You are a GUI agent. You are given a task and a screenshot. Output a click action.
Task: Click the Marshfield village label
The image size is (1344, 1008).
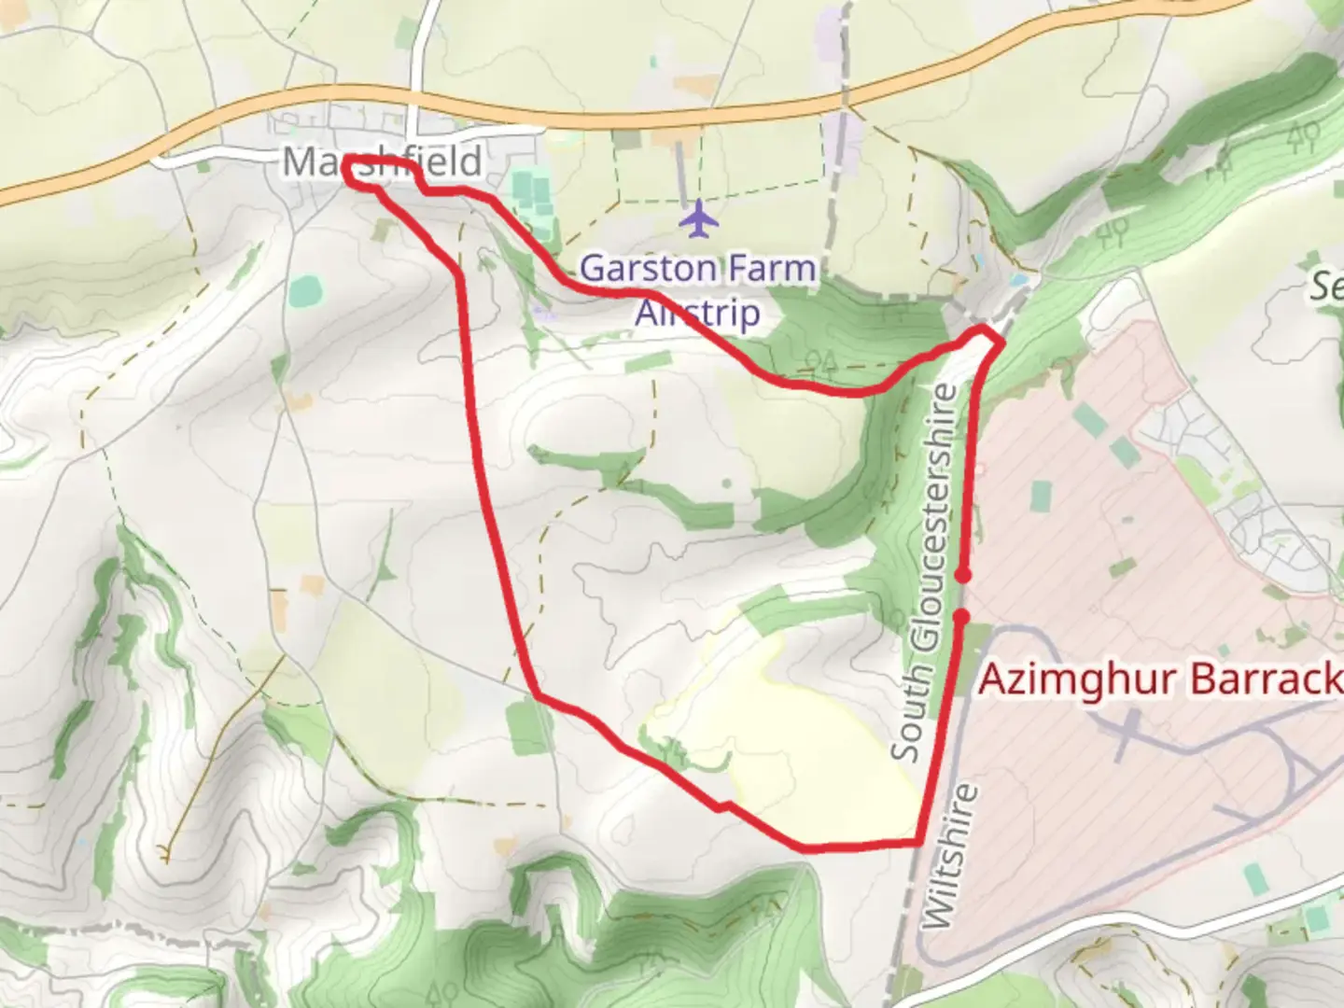click(383, 161)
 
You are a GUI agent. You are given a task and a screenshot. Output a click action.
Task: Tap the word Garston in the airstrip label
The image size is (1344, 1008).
click(636, 269)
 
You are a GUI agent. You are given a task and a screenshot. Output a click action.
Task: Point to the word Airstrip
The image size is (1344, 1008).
click(697, 313)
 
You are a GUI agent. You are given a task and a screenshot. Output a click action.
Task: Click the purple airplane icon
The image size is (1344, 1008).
click(698, 219)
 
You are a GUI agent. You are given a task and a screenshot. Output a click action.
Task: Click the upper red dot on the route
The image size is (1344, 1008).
click(963, 576)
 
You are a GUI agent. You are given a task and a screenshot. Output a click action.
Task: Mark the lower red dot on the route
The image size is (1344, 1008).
click(960, 615)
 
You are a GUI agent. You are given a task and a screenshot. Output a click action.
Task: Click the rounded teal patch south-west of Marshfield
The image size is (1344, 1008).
click(303, 292)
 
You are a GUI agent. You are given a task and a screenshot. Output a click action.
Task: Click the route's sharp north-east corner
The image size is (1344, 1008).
click(1001, 343)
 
